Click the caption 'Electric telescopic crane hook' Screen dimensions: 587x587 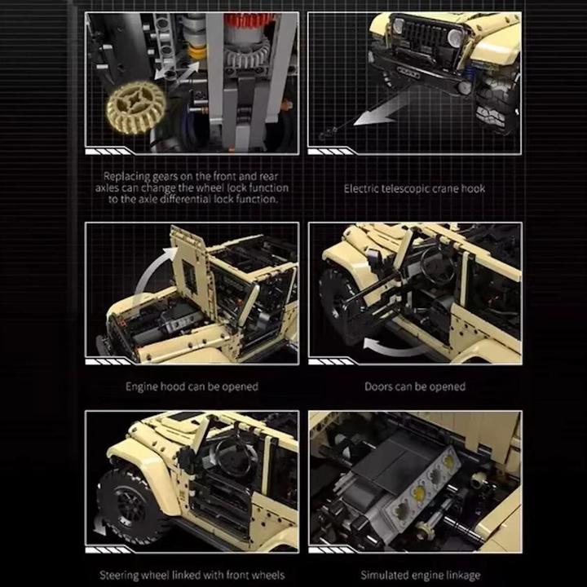(414, 188)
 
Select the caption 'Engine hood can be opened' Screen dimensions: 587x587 (192, 386)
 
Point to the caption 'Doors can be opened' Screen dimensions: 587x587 (414, 386)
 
